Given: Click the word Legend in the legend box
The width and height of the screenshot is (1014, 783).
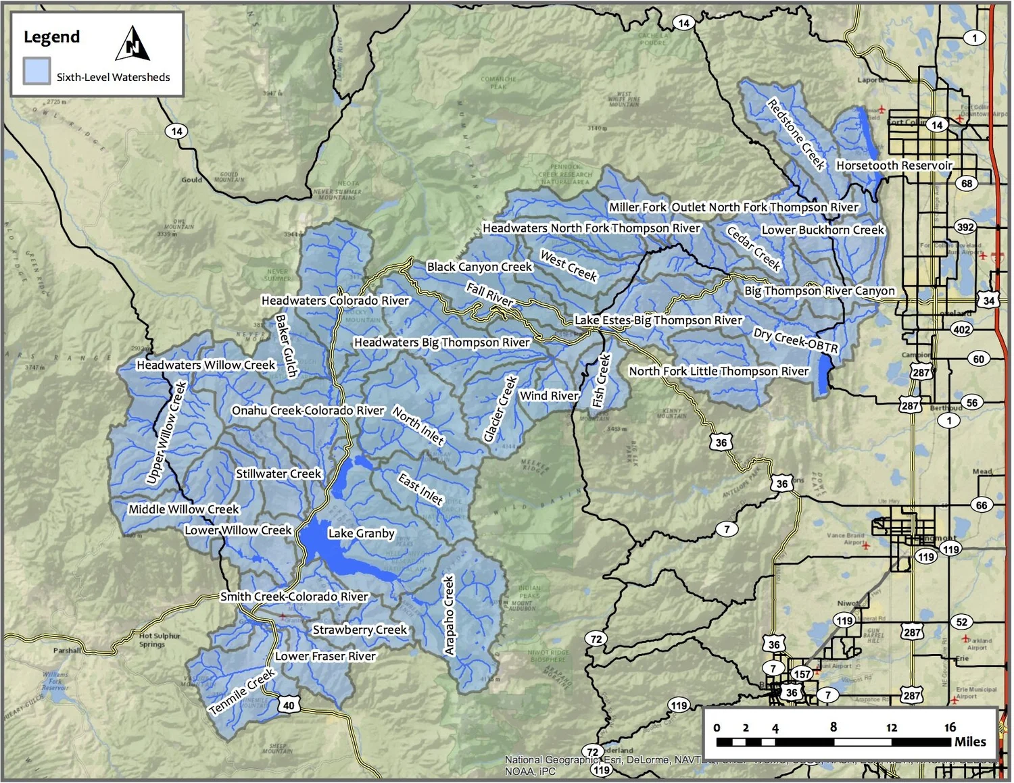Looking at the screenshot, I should click(x=51, y=36).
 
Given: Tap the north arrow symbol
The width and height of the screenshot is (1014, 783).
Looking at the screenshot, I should click(x=132, y=44).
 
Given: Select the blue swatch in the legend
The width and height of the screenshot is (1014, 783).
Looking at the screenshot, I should click(x=37, y=71).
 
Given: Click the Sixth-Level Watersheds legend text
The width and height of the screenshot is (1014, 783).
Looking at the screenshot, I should click(x=113, y=77).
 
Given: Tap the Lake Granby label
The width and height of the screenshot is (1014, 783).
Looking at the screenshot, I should click(x=361, y=533).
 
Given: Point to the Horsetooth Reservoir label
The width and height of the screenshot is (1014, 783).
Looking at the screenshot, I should click(x=894, y=165).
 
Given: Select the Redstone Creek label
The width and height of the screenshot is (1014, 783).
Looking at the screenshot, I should click(x=796, y=134).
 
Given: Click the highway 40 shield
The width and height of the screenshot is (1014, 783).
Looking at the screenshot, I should click(x=289, y=705).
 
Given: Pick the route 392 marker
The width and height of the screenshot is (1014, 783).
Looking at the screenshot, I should click(x=965, y=227).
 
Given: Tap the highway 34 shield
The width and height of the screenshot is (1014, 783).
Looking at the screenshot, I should click(x=989, y=300).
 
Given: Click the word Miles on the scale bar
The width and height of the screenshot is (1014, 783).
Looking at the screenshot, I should click(x=969, y=742).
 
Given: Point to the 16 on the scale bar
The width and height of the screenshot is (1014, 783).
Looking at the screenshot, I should click(x=950, y=727).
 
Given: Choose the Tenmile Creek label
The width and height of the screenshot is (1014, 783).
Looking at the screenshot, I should click(x=242, y=692).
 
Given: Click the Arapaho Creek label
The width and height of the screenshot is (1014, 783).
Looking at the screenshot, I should click(x=449, y=615).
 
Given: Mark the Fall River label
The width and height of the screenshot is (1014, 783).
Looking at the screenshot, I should click(x=490, y=294).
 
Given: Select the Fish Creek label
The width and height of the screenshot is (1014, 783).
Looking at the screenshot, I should click(x=601, y=381).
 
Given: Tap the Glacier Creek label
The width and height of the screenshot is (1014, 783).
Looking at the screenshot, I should click(x=500, y=409).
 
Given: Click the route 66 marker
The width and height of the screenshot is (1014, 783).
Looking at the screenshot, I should click(x=981, y=505).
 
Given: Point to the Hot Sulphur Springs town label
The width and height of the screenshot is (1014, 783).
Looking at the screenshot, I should click(x=160, y=640).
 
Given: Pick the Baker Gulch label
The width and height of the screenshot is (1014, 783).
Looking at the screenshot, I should click(x=287, y=345).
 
